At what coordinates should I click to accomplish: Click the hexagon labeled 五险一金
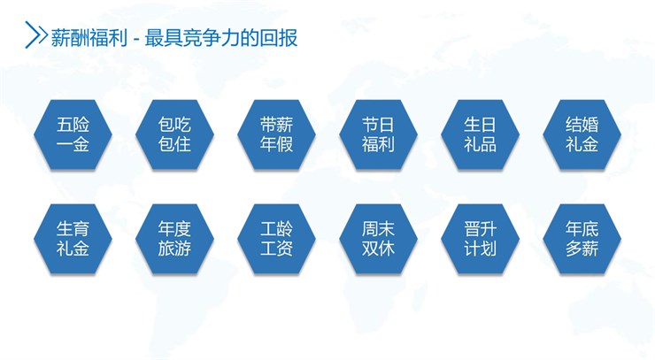pyautogui.click(x=73, y=134)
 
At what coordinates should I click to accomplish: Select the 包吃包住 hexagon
pyautogui.click(x=174, y=134)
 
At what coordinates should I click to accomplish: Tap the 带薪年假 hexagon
pyautogui.click(x=276, y=134)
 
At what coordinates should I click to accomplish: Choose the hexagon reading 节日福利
pyautogui.click(x=378, y=134)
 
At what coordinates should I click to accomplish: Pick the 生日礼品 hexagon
pyautogui.click(x=480, y=134)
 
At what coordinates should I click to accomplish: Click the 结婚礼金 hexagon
pyautogui.click(x=582, y=134)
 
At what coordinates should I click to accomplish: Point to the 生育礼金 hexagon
pyautogui.click(x=73, y=239)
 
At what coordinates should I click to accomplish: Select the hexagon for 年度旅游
pyautogui.click(x=174, y=239)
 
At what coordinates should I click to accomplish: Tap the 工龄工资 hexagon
pyautogui.click(x=276, y=239)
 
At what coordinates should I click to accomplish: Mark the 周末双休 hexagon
pyautogui.click(x=378, y=239)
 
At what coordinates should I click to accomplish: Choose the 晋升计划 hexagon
pyautogui.click(x=480, y=239)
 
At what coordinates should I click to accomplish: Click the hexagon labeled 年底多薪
pyautogui.click(x=582, y=239)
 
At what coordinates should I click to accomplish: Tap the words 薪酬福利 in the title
pyautogui.click(x=89, y=38)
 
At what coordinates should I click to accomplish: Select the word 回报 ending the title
pyautogui.click(x=278, y=38)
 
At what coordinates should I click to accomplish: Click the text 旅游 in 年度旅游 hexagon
pyautogui.click(x=174, y=249)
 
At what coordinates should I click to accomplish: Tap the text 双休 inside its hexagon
pyautogui.click(x=378, y=249)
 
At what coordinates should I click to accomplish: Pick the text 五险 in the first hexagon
pyautogui.click(x=73, y=125)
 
